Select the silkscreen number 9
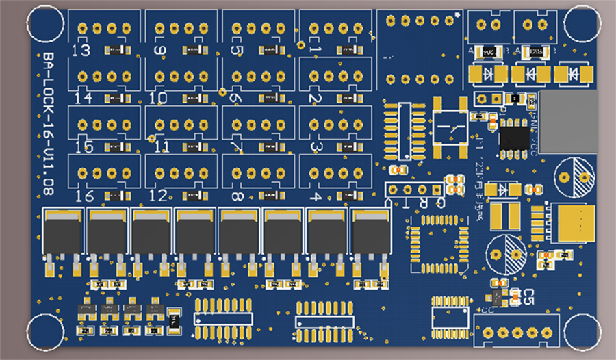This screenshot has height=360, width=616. coord(160,51)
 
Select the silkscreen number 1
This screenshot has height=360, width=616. coord(315,51)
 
